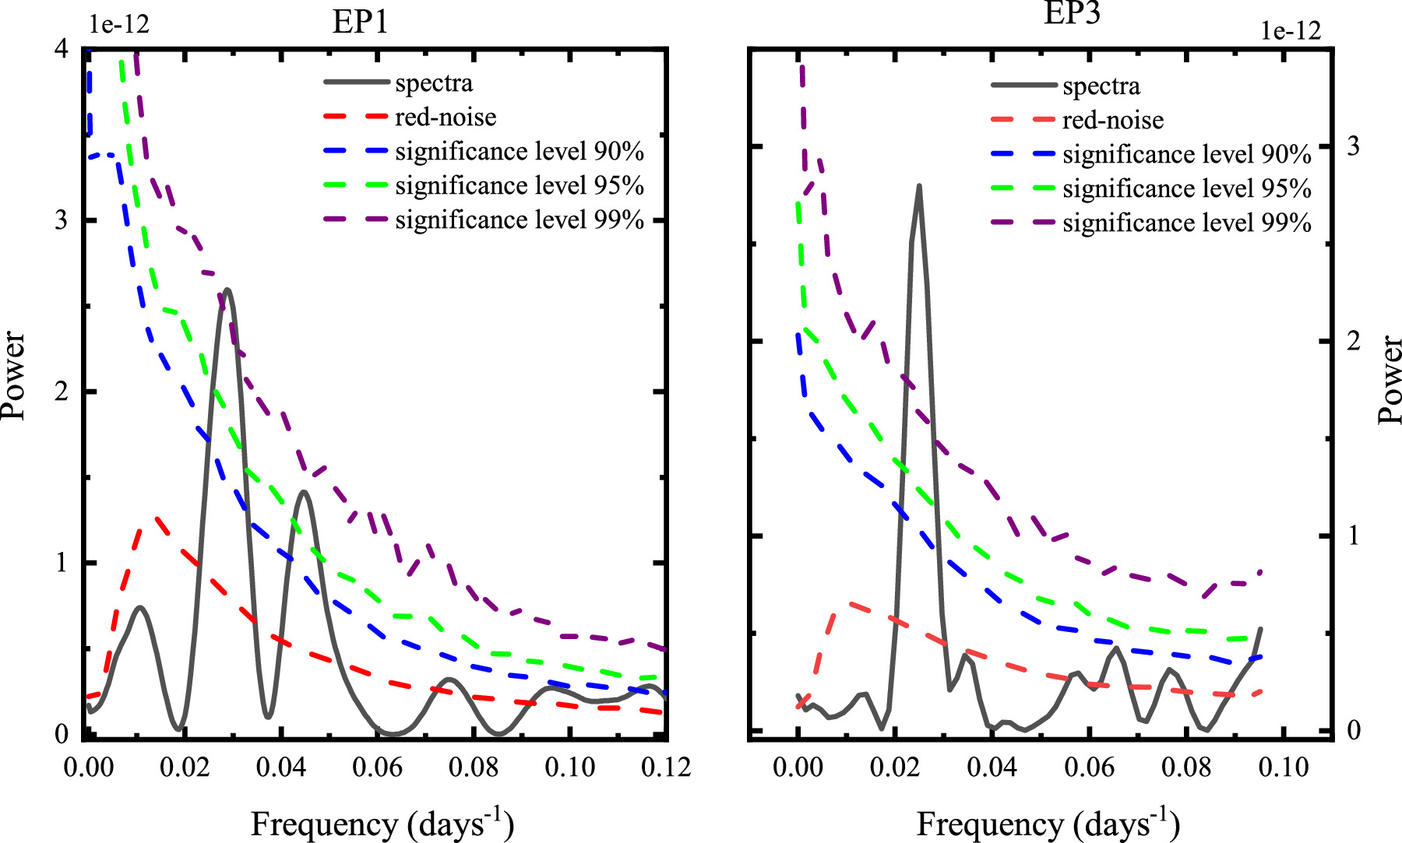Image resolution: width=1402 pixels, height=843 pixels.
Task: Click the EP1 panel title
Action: click(x=360, y=22)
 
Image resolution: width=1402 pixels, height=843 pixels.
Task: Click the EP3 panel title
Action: click(x=1072, y=13)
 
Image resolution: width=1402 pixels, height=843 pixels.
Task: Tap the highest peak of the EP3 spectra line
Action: click(x=919, y=187)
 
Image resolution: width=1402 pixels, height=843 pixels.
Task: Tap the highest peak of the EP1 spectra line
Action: click(x=227, y=290)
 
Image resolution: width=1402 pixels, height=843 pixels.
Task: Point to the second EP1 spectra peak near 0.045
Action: click(x=303, y=492)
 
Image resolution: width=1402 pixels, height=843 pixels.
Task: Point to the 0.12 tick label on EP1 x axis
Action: click(x=666, y=767)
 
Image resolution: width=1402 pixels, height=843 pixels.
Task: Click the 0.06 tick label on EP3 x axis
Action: click(x=1089, y=767)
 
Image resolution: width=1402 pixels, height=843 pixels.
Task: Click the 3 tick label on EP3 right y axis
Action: click(x=1353, y=146)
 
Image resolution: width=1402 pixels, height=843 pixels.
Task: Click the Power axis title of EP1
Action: click(x=14, y=376)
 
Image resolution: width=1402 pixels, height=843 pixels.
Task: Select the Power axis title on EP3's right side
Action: click(x=1389, y=380)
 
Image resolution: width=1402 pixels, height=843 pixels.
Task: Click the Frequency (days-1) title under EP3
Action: click(x=1048, y=824)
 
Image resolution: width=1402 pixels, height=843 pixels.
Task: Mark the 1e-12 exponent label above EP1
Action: click(x=118, y=24)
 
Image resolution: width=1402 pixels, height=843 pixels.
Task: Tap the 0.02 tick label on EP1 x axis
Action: click(x=185, y=767)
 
